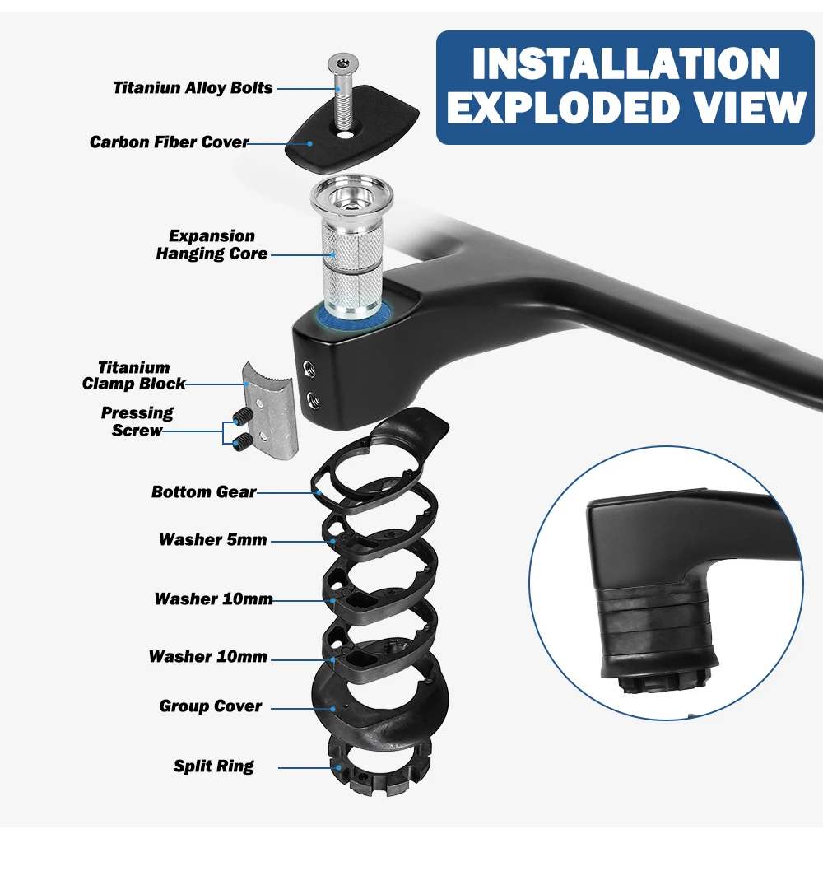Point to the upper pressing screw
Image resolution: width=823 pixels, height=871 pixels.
(241, 416)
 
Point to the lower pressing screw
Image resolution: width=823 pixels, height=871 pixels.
(240, 445)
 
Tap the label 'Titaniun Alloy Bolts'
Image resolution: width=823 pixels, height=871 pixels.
(193, 87)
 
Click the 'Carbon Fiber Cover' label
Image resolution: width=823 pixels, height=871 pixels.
(169, 142)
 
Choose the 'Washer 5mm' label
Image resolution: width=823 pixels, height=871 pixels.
(213, 540)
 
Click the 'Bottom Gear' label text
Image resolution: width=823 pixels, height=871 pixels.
(203, 491)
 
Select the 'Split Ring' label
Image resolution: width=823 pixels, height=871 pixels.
(214, 766)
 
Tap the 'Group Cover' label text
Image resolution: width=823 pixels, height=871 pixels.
(211, 706)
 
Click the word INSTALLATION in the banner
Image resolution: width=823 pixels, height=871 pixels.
(625, 64)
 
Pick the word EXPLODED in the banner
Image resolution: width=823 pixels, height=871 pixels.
(559, 109)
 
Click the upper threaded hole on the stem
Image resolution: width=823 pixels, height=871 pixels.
(309, 366)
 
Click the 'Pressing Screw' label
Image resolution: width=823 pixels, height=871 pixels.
(137, 422)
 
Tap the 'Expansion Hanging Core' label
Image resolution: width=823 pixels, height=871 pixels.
(212, 245)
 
